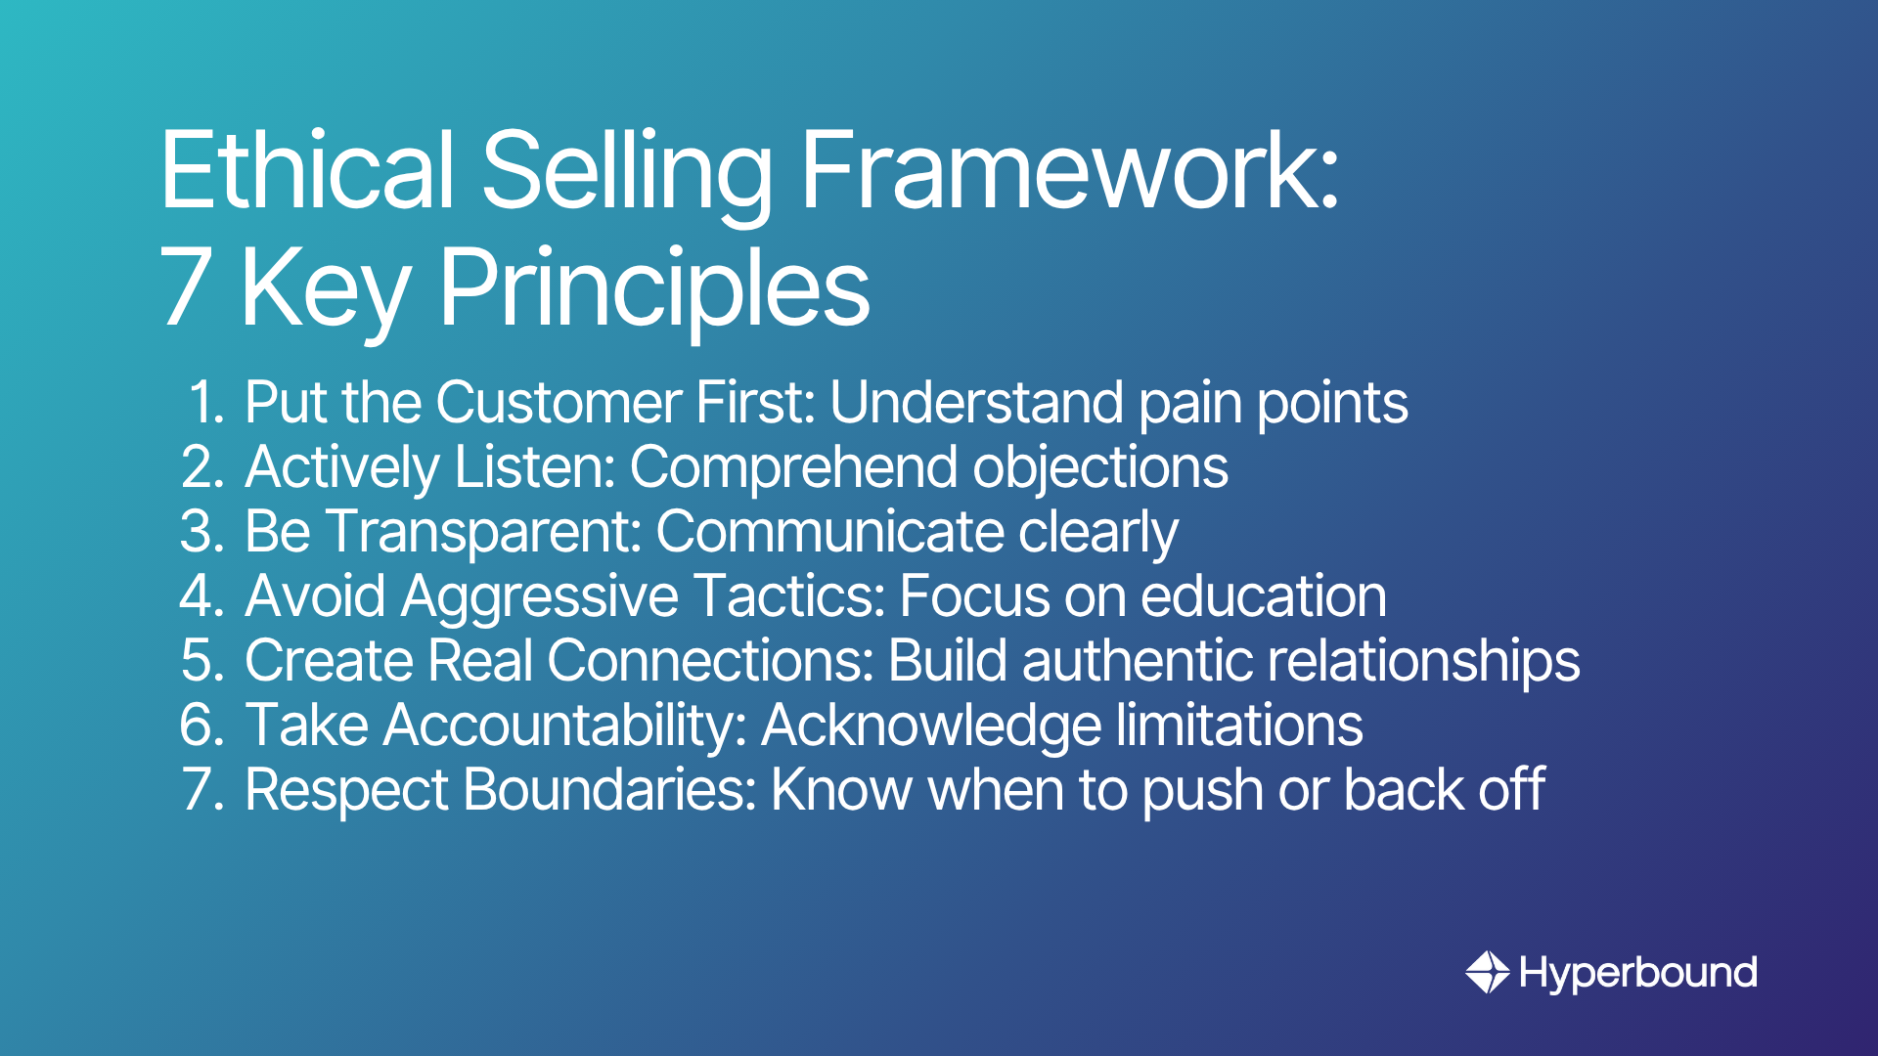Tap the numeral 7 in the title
[x=186, y=287]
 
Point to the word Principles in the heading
[x=653, y=287]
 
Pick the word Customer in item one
[x=559, y=403]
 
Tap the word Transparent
[x=482, y=532]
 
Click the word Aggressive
[x=539, y=596]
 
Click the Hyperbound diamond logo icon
[x=1488, y=972]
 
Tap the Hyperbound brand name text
[x=1638, y=973]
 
